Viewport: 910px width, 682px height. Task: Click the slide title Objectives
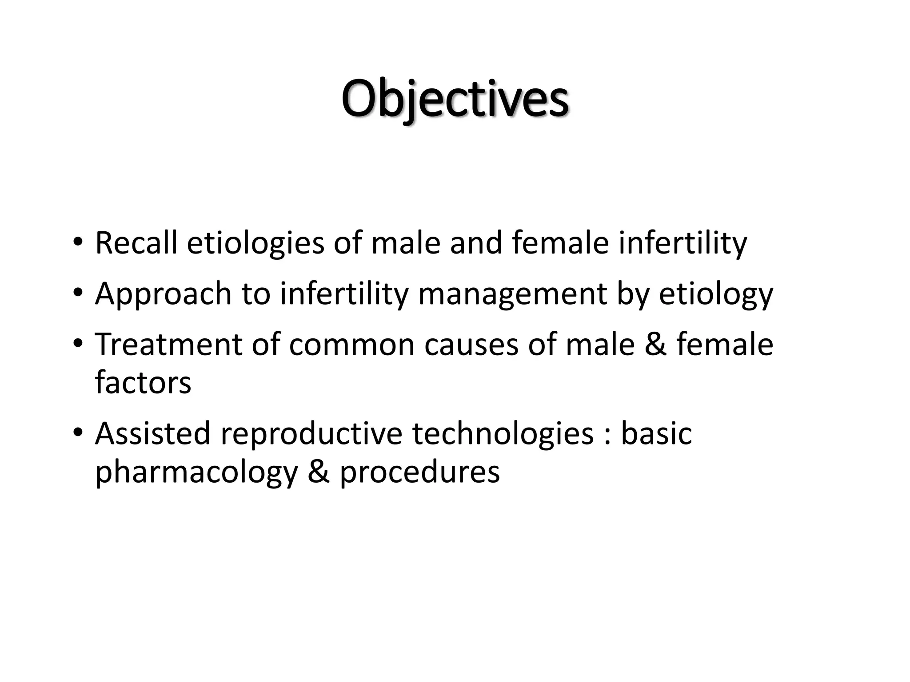[455, 99]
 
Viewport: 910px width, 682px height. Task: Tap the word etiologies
[255, 244]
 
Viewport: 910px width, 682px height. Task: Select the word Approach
[163, 294]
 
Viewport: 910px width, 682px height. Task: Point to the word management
[512, 294]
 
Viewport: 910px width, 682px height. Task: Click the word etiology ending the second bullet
[716, 294]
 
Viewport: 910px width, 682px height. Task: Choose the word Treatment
[168, 345]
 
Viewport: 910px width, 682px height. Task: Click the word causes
[471, 345]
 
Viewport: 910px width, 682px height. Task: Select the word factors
[143, 383]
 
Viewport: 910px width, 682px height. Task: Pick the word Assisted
[152, 433]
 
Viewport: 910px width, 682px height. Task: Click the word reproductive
[311, 434]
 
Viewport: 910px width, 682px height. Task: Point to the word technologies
[503, 434]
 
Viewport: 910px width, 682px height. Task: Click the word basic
[656, 433]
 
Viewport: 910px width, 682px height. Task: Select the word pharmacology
[196, 472]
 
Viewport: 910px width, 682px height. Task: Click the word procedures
[419, 472]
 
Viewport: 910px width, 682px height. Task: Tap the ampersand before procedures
[318, 472]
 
